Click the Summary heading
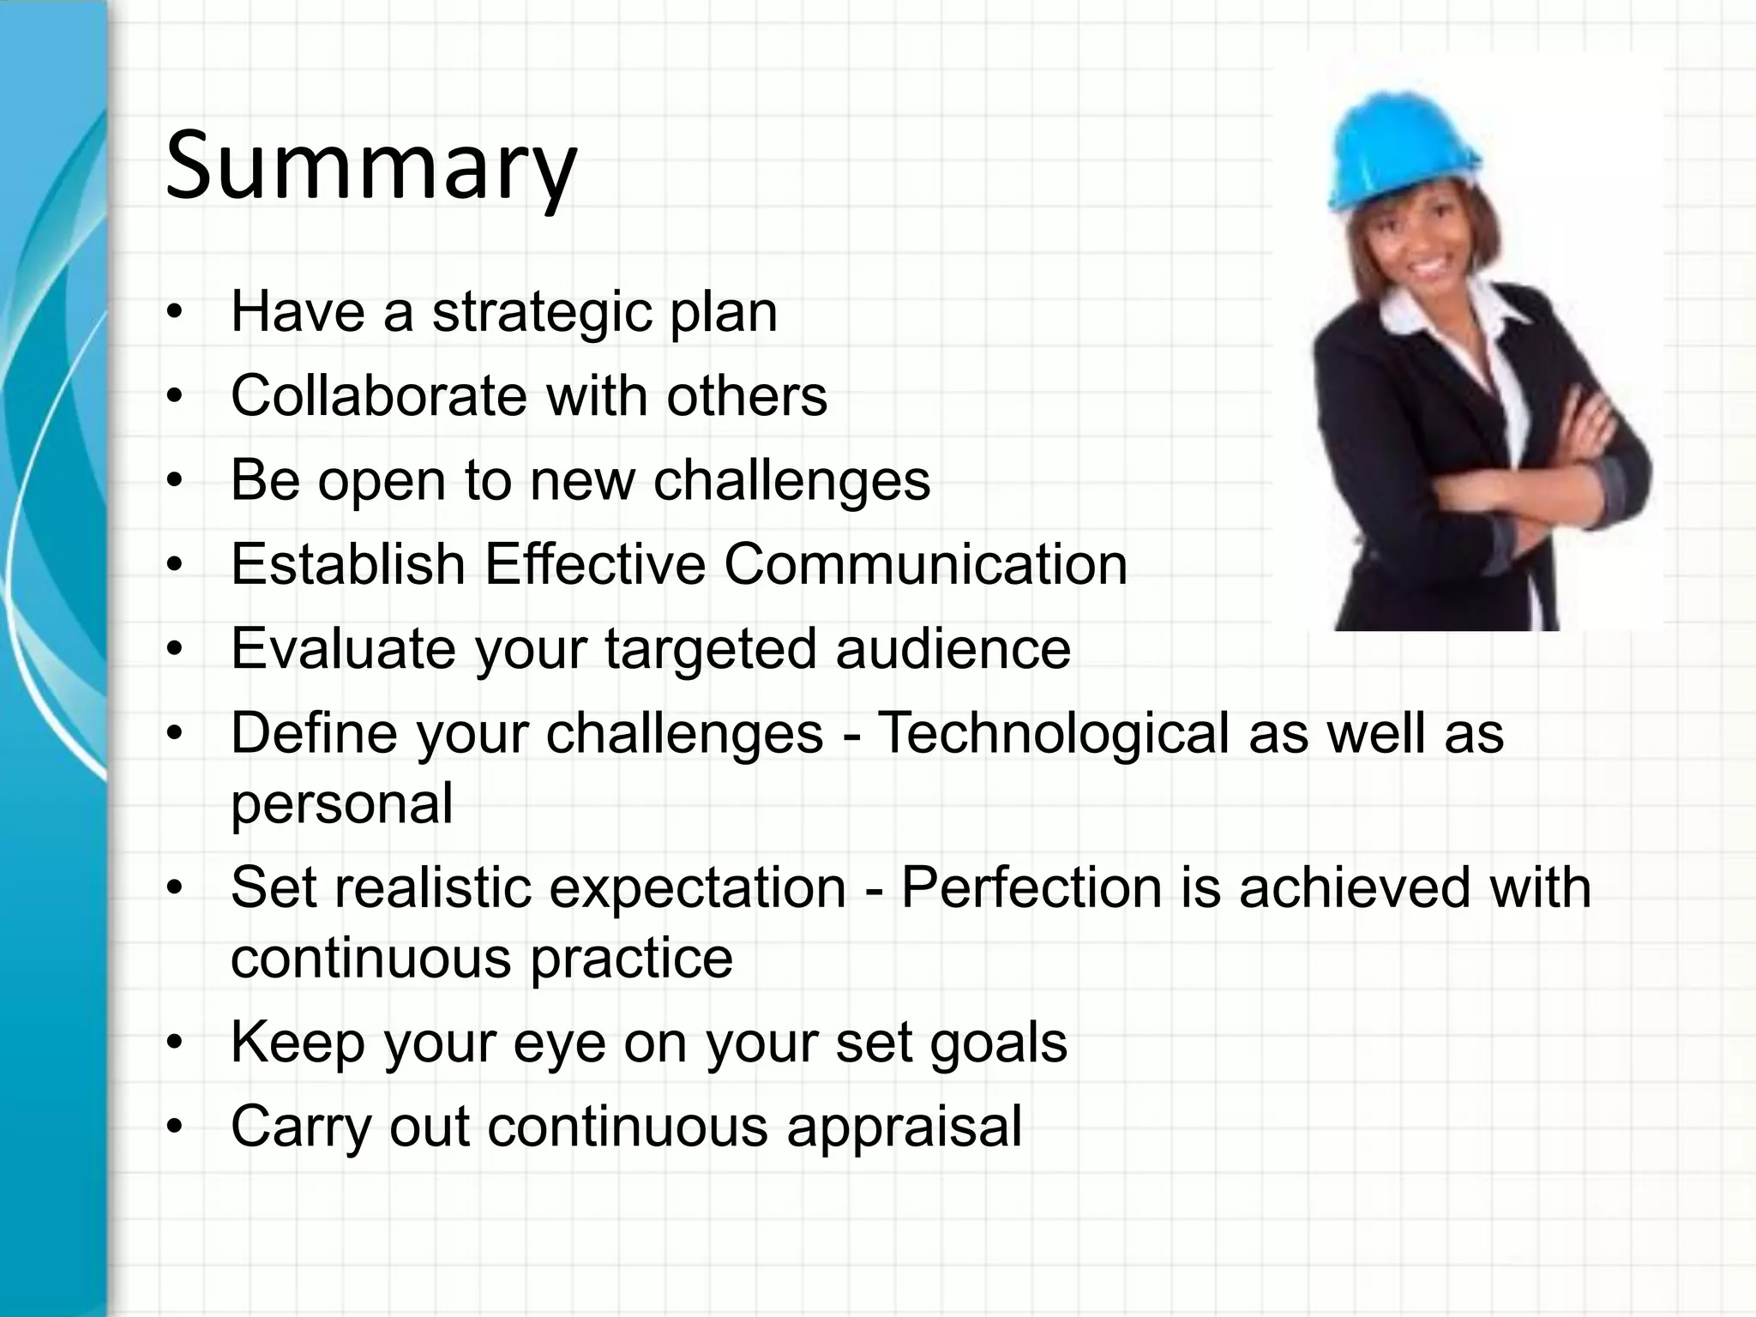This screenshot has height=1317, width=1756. [370, 165]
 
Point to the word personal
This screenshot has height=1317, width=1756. [341, 804]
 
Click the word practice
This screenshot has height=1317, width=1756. [632, 959]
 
